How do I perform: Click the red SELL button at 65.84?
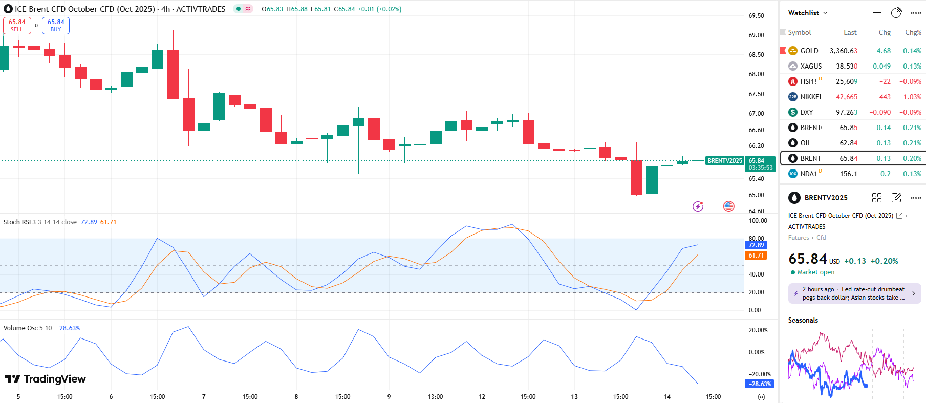point(17,26)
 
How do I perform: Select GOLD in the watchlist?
point(809,51)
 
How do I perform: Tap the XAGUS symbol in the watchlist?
point(811,66)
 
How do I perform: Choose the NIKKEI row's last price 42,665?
point(846,97)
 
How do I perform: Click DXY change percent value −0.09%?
point(911,112)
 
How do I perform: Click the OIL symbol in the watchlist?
point(805,143)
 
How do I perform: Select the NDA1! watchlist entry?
point(809,174)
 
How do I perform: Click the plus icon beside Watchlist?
point(877,13)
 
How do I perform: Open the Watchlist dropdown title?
point(807,13)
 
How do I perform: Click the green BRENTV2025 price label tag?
point(724,161)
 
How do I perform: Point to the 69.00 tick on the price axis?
point(756,35)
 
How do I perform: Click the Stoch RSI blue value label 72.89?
point(756,245)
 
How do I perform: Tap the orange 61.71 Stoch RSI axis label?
point(756,256)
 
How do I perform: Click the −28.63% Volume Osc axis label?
point(760,384)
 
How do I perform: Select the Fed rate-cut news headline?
point(854,293)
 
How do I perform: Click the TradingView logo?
point(46,379)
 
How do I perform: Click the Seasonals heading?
point(803,321)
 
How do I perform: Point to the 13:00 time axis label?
point(435,397)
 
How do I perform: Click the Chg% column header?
point(913,32)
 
